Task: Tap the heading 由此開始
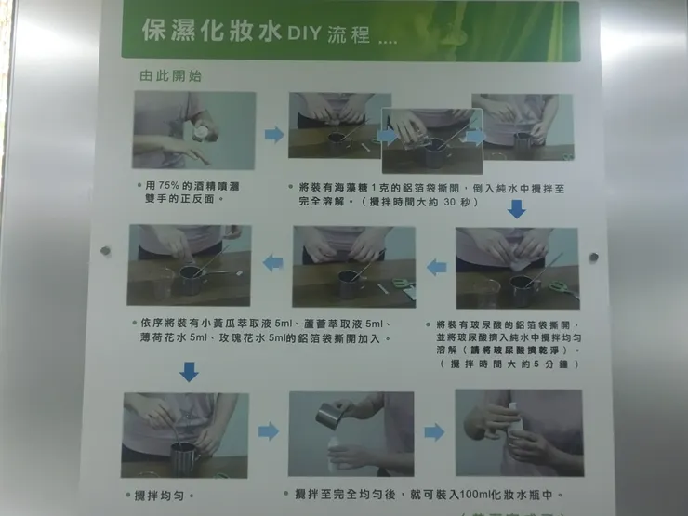click(x=170, y=76)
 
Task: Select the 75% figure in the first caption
click(x=171, y=186)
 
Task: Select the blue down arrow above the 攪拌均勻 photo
click(x=189, y=371)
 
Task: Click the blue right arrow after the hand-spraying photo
click(x=273, y=135)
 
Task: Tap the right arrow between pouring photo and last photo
click(x=434, y=432)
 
